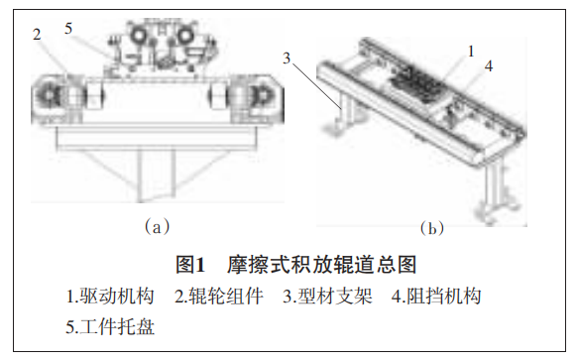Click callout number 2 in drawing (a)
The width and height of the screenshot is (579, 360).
[x=37, y=35]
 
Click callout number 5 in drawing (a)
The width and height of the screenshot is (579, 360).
[x=68, y=29]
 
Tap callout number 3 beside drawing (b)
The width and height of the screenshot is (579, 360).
[x=287, y=59]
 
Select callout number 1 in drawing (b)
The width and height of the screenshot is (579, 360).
[x=471, y=52]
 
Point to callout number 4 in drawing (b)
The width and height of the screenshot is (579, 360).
[x=489, y=66]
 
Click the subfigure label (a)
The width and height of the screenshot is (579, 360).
[x=157, y=226]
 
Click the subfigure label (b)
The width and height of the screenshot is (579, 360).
[x=431, y=228]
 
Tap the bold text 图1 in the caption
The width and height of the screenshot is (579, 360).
[x=189, y=265]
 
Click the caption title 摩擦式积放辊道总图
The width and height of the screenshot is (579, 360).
[x=321, y=265]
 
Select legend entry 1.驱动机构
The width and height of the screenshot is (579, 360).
[x=110, y=297]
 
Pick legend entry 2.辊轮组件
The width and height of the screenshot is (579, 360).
[x=218, y=297]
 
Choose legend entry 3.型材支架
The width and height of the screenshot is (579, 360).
[x=327, y=297]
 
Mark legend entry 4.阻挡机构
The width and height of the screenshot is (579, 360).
[x=436, y=297]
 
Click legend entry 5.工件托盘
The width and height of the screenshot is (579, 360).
[x=110, y=326]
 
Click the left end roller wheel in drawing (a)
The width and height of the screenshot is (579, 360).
[x=49, y=95]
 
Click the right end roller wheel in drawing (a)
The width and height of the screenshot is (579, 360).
[x=263, y=95]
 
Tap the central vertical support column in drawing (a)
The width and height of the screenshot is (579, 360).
[x=157, y=174]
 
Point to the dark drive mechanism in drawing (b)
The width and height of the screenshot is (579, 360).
[x=417, y=83]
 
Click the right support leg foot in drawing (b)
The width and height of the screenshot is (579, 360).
[x=495, y=211]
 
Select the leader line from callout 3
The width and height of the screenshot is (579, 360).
[x=317, y=85]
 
